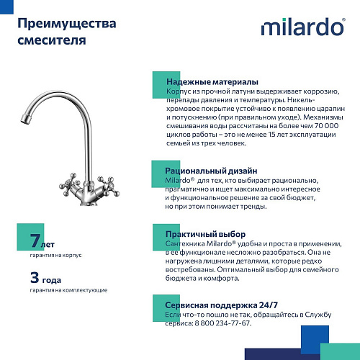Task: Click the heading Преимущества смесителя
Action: [x=66, y=32]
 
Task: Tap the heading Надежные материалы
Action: [x=212, y=82]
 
